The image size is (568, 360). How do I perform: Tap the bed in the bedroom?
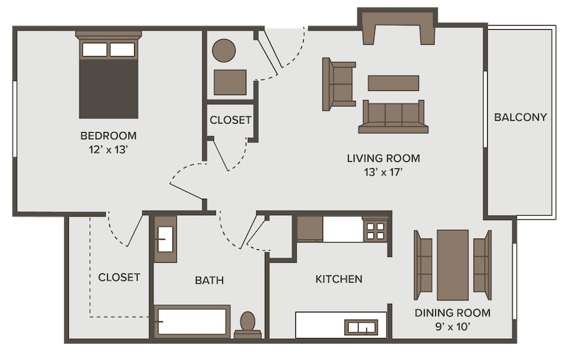coord(108,78)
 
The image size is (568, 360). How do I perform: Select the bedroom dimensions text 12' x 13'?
coord(108,150)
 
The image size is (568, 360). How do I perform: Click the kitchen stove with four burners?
coord(376,230)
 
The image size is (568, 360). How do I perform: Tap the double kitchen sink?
coord(363,327)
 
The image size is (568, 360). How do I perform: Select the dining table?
coord(452,264)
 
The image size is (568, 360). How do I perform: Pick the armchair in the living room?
coord(338,84)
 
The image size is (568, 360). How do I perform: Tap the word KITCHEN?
coord(339,279)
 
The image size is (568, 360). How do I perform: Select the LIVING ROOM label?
coord(383,158)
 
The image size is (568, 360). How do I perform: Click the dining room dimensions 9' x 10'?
coord(453,327)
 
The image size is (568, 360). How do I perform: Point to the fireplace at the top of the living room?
coord(397,26)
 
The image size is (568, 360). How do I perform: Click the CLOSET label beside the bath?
coord(119,277)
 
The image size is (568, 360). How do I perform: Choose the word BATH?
coord(209,280)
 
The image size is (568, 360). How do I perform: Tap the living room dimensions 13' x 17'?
coord(383,172)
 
